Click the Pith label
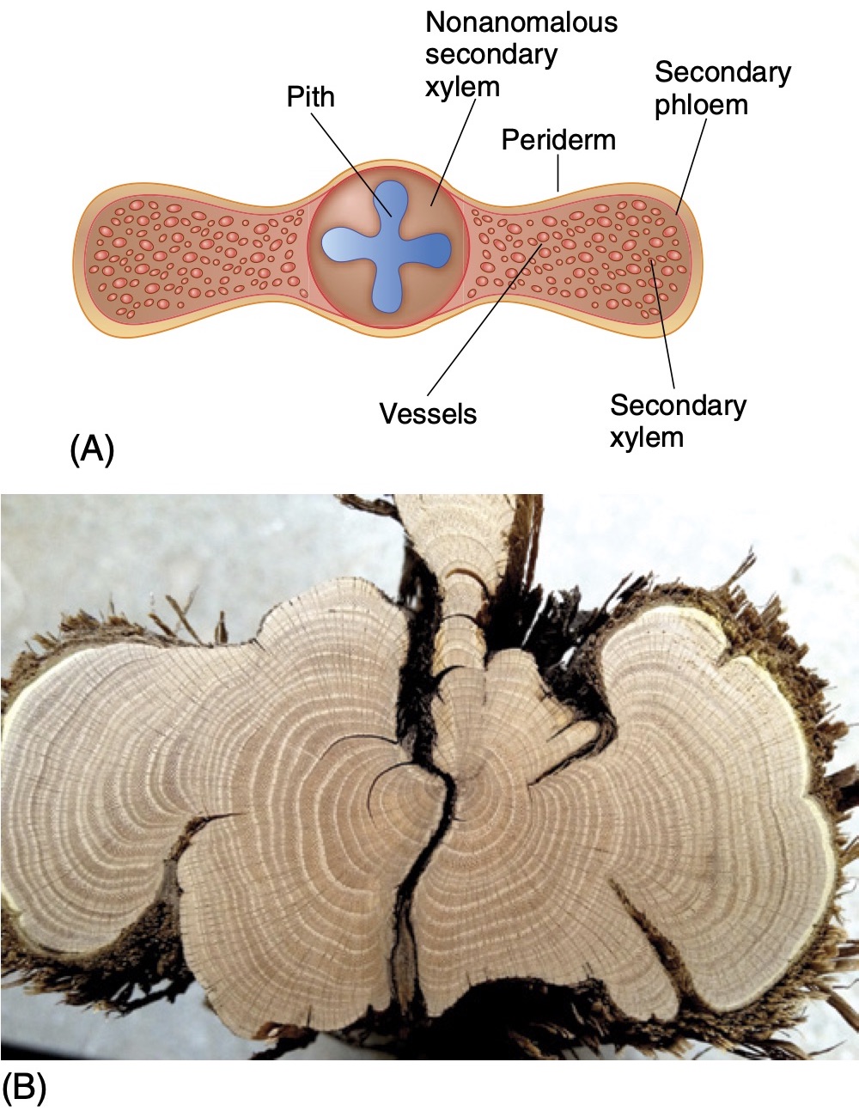point(310,97)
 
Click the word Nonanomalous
point(521,22)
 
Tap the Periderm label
point(558,140)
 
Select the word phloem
point(701,106)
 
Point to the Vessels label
point(428,413)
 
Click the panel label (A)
point(91,449)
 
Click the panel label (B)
point(25,1088)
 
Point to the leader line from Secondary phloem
point(691,163)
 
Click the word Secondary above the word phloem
point(722,73)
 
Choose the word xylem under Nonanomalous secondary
point(462,87)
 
